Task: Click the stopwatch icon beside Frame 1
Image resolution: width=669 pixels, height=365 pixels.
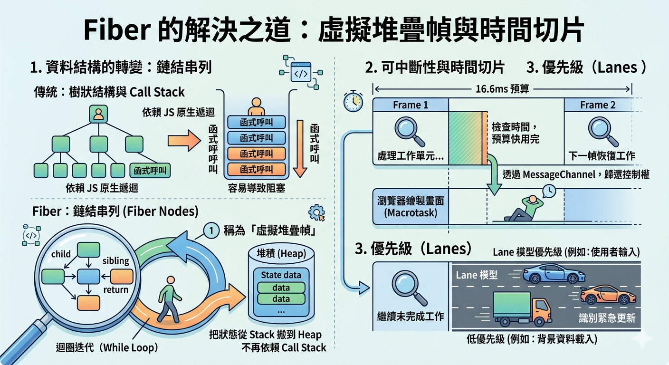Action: pos(353,101)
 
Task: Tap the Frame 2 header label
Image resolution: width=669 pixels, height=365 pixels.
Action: pos(598,105)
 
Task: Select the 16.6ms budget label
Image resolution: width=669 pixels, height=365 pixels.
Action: pos(502,89)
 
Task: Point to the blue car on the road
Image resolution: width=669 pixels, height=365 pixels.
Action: pos(554,273)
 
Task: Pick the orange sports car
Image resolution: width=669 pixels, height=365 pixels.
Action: pos(608,296)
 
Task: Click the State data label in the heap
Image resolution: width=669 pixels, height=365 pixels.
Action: pos(281,275)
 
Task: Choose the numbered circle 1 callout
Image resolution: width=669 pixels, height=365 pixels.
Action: pos(211,231)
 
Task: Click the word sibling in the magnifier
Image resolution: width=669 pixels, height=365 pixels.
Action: pos(116,261)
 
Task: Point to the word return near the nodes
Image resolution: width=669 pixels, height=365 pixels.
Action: pos(115,289)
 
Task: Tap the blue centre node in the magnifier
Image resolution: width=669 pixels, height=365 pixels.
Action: pos(88,276)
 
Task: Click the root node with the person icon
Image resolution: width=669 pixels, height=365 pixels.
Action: pos(98,114)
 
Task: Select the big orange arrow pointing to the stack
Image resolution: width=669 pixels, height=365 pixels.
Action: pos(184,140)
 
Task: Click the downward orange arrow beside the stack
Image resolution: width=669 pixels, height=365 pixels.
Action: pos(300,149)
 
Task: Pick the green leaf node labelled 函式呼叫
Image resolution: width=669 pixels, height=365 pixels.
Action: pos(150,171)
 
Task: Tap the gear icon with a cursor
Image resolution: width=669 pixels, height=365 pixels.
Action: pos(316,212)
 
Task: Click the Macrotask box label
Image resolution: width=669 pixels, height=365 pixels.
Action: pos(411,207)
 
